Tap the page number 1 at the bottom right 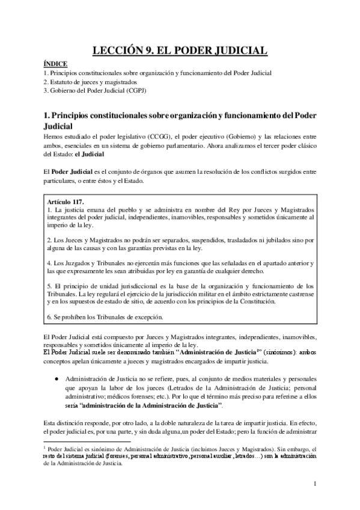(315, 484)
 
